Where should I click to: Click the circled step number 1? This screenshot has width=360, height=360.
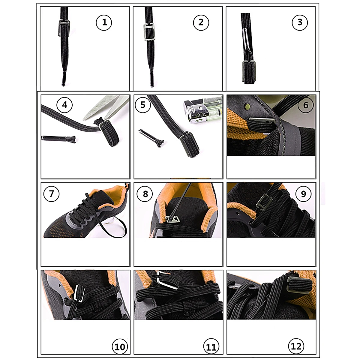[x=104, y=22]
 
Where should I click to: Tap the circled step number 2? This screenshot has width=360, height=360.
[x=201, y=22]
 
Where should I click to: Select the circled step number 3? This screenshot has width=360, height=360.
[x=300, y=22]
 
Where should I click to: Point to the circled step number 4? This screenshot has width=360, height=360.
[x=64, y=105]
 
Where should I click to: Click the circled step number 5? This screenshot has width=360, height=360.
[x=143, y=105]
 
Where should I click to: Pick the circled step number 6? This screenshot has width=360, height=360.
[x=306, y=105]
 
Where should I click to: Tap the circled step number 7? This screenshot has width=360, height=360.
[x=51, y=193]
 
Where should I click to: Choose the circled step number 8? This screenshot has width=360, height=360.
[x=145, y=194]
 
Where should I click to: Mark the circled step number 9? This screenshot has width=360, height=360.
[x=303, y=194]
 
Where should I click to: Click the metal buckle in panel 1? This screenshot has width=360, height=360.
[x=64, y=28]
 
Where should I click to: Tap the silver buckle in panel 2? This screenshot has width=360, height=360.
[x=149, y=32]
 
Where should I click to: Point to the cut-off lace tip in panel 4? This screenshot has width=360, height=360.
[x=58, y=139]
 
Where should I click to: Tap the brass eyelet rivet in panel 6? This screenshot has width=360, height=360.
[x=247, y=107]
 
